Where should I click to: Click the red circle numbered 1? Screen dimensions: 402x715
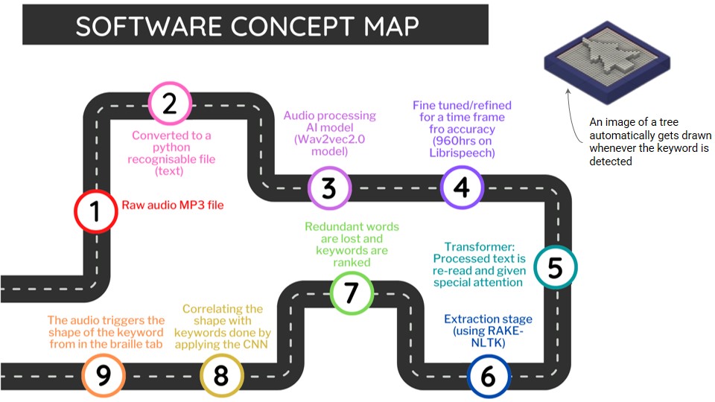[x=95, y=211]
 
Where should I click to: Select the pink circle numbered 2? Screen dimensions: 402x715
[x=170, y=103]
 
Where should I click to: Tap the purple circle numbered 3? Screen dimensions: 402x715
[x=329, y=188]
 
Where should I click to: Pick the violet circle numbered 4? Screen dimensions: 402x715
[x=462, y=187]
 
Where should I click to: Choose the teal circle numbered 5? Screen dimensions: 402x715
[x=556, y=267]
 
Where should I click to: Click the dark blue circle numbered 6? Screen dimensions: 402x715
[x=489, y=376]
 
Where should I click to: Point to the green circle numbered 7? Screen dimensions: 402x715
[x=351, y=293]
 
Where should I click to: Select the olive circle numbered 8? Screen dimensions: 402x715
[x=221, y=376]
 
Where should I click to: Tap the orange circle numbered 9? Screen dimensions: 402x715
[x=104, y=376]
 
